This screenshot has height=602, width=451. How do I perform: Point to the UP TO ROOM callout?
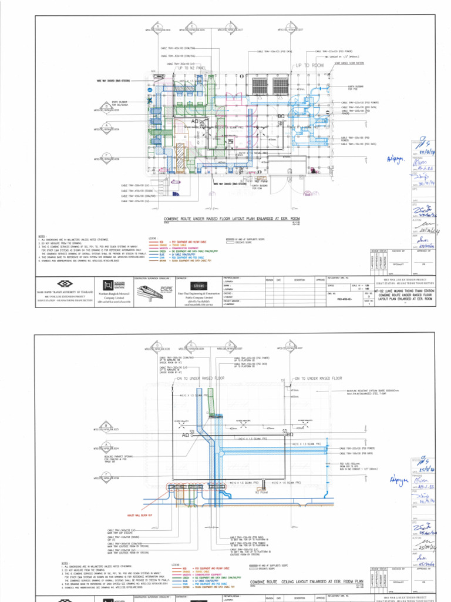point(309,66)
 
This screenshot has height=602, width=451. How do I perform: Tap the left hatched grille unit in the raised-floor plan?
point(258,88)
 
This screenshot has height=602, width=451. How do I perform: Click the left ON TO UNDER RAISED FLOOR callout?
point(192,379)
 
